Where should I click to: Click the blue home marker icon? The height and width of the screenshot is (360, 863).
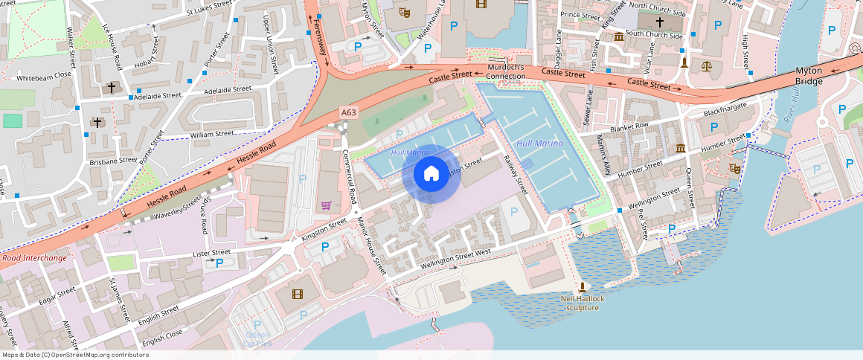tap(431, 174)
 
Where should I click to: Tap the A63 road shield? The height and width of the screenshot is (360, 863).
tap(349, 112)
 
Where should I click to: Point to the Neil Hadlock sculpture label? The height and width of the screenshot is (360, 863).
tap(583, 303)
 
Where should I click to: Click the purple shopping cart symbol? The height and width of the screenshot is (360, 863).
tap(325, 205)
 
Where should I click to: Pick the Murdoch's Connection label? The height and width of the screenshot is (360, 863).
tap(506, 71)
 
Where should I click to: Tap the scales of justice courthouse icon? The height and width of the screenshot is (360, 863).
tap(706, 65)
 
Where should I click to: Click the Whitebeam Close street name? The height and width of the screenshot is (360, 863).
tap(44, 76)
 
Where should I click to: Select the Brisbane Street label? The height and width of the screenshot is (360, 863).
tap(113, 160)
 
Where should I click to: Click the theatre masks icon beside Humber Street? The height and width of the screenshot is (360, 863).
tap(735, 169)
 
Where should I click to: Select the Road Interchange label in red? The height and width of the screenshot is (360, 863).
tap(33, 258)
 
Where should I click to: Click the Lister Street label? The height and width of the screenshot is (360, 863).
tap(211, 253)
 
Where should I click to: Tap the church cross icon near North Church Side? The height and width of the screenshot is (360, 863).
tap(659, 22)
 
